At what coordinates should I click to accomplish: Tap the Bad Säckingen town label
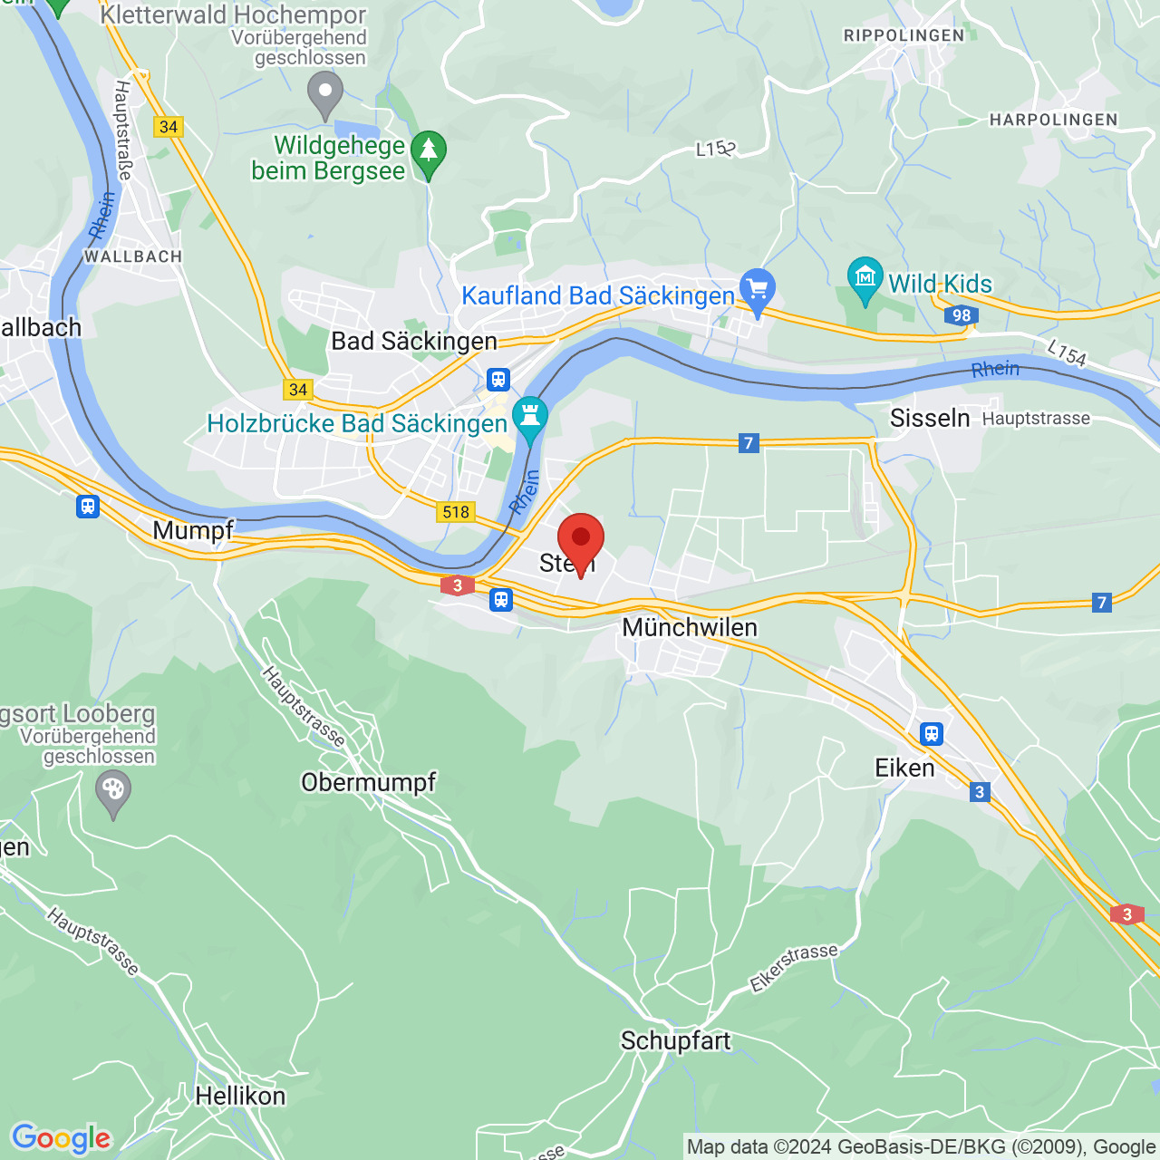coord(414,341)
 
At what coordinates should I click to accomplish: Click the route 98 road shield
coord(961,315)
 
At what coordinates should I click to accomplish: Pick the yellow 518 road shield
coord(456,512)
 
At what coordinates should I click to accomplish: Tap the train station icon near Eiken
coord(932,733)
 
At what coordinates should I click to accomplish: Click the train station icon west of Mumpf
coord(88,506)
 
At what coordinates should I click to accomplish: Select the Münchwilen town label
coord(690,627)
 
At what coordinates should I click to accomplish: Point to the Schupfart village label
coord(675,1040)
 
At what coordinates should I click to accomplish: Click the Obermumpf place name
coord(368,782)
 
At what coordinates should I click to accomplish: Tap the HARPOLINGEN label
coord(1053,120)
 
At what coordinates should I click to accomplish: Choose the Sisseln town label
coord(930,418)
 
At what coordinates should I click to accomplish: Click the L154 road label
coord(1066,353)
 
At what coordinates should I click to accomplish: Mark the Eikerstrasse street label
coord(794,967)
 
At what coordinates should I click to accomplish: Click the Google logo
coord(62,1138)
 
